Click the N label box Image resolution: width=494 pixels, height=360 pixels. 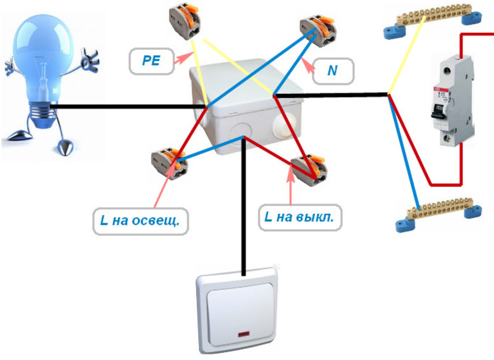[x=332, y=71]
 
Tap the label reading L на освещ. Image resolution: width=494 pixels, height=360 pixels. [x=140, y=220]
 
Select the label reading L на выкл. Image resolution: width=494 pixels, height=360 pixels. [x=301, y=218]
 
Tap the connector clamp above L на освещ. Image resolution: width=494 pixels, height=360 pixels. [x=168, y=162]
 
